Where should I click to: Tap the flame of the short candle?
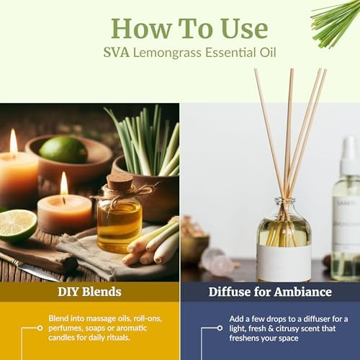click(x=64, y=184)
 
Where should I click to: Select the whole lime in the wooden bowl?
click(x=63, y=149)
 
